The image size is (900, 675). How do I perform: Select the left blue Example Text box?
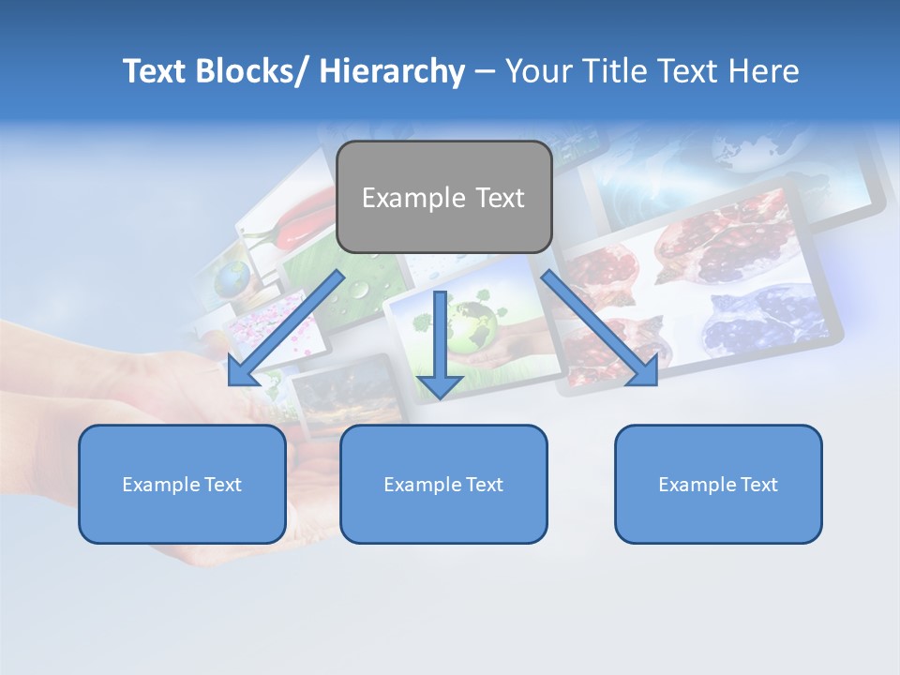point(182,484)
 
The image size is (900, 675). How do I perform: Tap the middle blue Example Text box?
point(443,484)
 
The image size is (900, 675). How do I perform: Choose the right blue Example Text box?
point(718,484)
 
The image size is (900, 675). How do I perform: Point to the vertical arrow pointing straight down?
point(440,337)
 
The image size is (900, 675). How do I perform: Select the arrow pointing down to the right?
point(600,328)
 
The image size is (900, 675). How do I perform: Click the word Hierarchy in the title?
point(392,71)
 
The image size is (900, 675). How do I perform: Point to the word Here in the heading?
point(763,71)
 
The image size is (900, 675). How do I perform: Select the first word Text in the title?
point(156,71)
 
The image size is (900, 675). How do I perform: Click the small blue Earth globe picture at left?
point(232,277)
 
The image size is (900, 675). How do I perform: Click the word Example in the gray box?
point(400,198)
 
